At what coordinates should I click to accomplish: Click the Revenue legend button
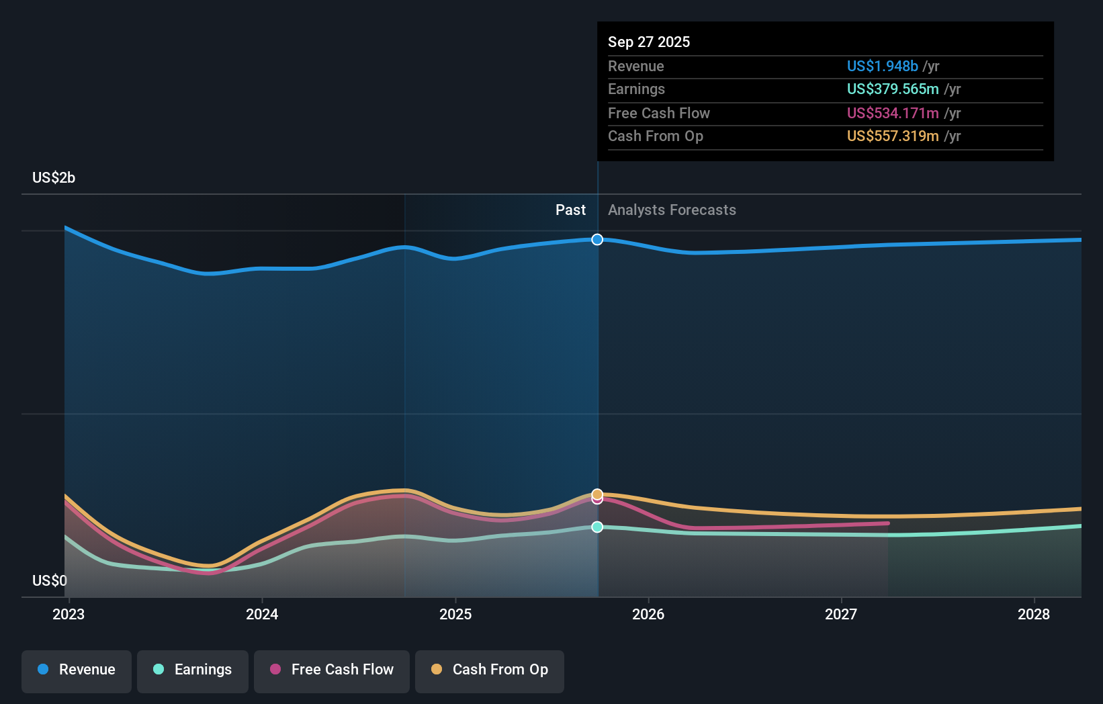click(77, 670)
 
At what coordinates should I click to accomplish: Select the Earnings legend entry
click(193, 670)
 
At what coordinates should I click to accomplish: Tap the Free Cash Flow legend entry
click(332, 670)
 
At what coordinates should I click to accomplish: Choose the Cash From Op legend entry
click(490, 670)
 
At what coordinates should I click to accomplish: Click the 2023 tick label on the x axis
click(69, 614)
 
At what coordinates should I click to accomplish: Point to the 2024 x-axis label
click(262, 614)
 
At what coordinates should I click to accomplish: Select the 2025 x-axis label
click(455, 614)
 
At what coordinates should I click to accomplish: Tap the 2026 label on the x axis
click(648, 614)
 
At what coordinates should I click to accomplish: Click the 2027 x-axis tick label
click(841, 614)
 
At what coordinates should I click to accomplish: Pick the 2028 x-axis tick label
click(1034, 614)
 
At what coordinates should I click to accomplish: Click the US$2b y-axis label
click(54, 178)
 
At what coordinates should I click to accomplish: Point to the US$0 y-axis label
click(50, 580)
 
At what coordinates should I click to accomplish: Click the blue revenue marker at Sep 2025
click(597, 240)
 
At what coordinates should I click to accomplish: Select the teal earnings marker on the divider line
click(597, 527)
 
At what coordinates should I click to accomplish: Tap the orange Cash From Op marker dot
click(597, 494)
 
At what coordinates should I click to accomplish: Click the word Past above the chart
click(570, 210)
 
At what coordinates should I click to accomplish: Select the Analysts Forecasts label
click(672, 210)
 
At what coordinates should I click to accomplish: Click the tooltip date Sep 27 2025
click(649, 42)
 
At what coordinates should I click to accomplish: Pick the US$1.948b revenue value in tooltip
click(882, 66)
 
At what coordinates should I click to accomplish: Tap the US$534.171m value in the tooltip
click(892, 113)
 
